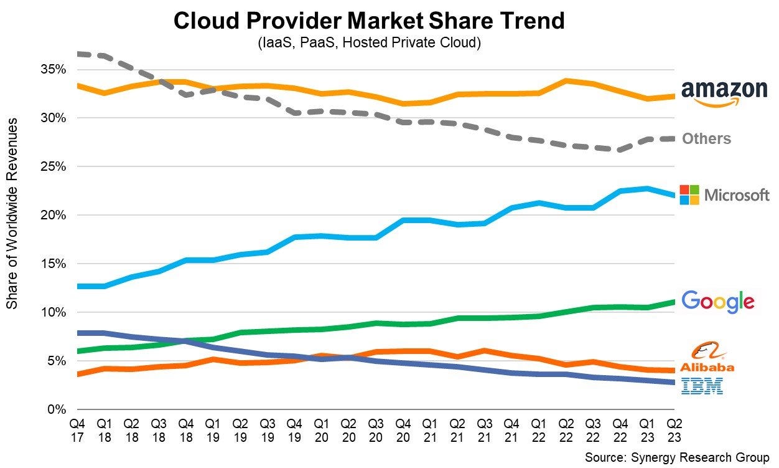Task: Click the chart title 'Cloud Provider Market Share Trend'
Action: pos(369,21)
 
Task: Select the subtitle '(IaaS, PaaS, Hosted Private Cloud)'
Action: pos(369,44)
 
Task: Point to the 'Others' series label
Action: pos(706,138)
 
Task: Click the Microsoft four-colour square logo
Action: pos(689,194)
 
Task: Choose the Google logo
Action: pos(718,302)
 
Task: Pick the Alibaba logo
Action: pos(706,358)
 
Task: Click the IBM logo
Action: pos(702,386)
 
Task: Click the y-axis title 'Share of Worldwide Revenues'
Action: pos(12,212)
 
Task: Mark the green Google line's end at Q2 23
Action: pos(674,302)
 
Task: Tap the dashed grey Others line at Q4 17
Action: pos(77,54)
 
